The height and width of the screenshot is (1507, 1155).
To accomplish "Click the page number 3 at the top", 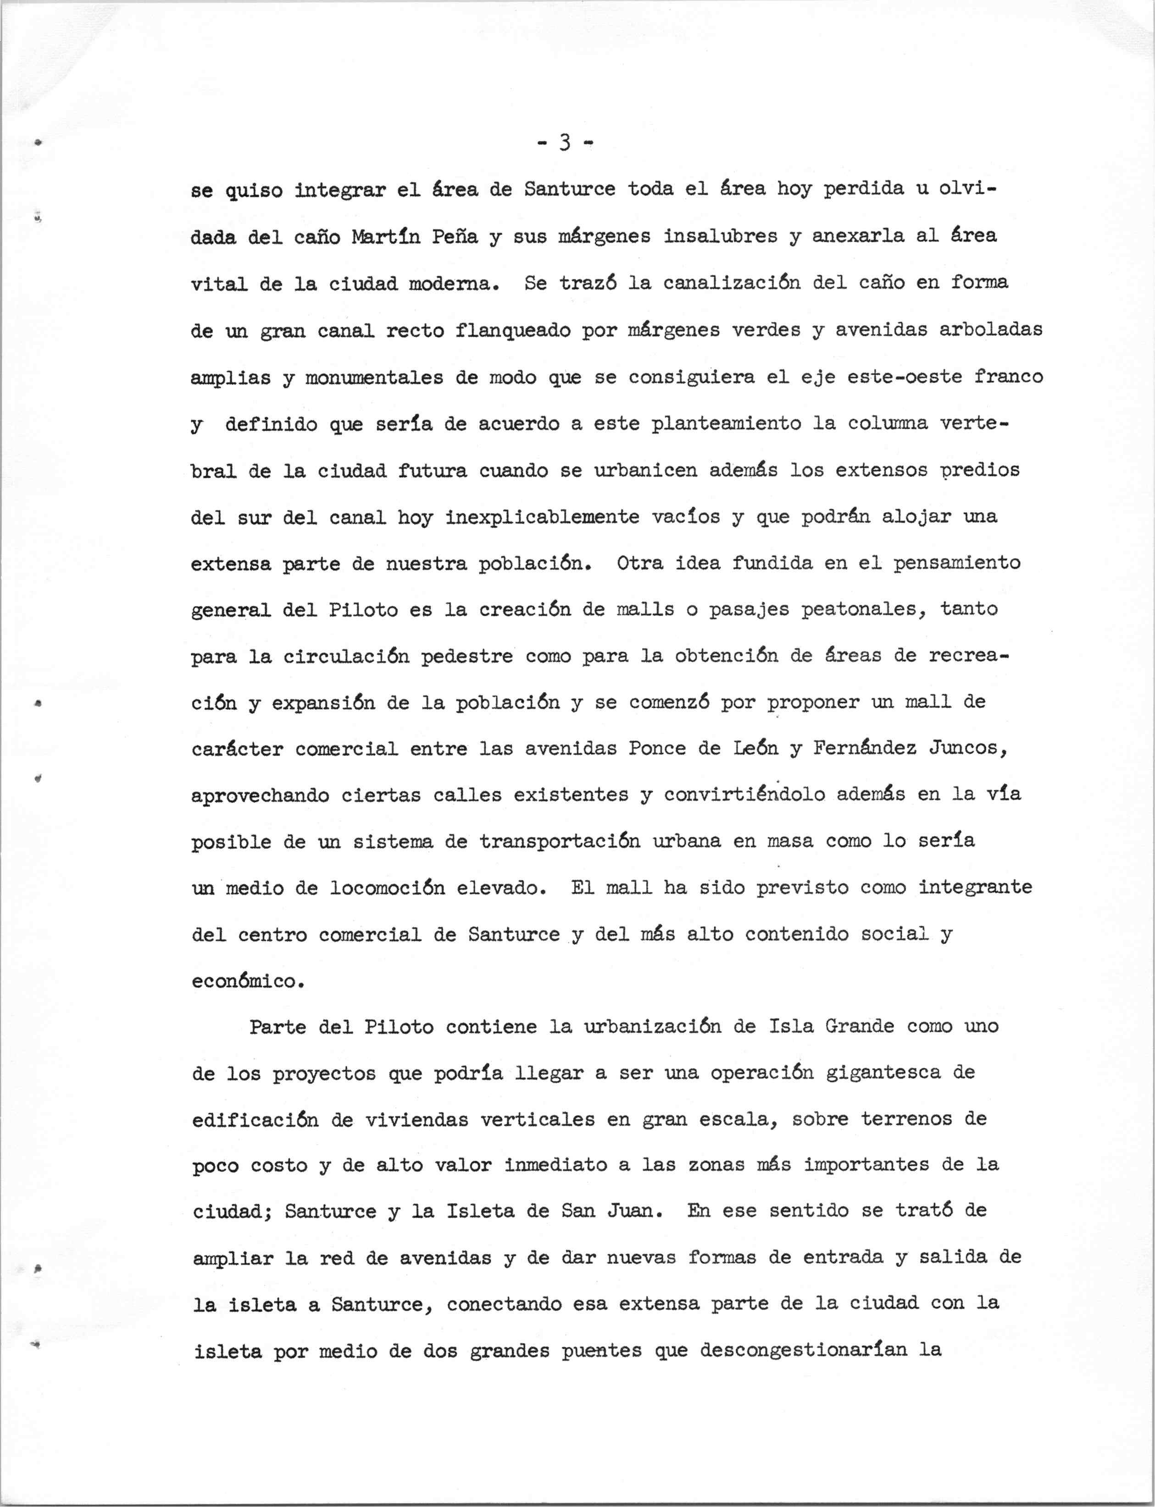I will pos(565,143).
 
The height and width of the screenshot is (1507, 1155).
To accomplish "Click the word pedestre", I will pos(467,656).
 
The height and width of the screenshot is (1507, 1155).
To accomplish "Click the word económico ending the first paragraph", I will pos(248,981).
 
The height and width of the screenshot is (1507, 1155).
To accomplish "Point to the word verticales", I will pos(537,1119).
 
